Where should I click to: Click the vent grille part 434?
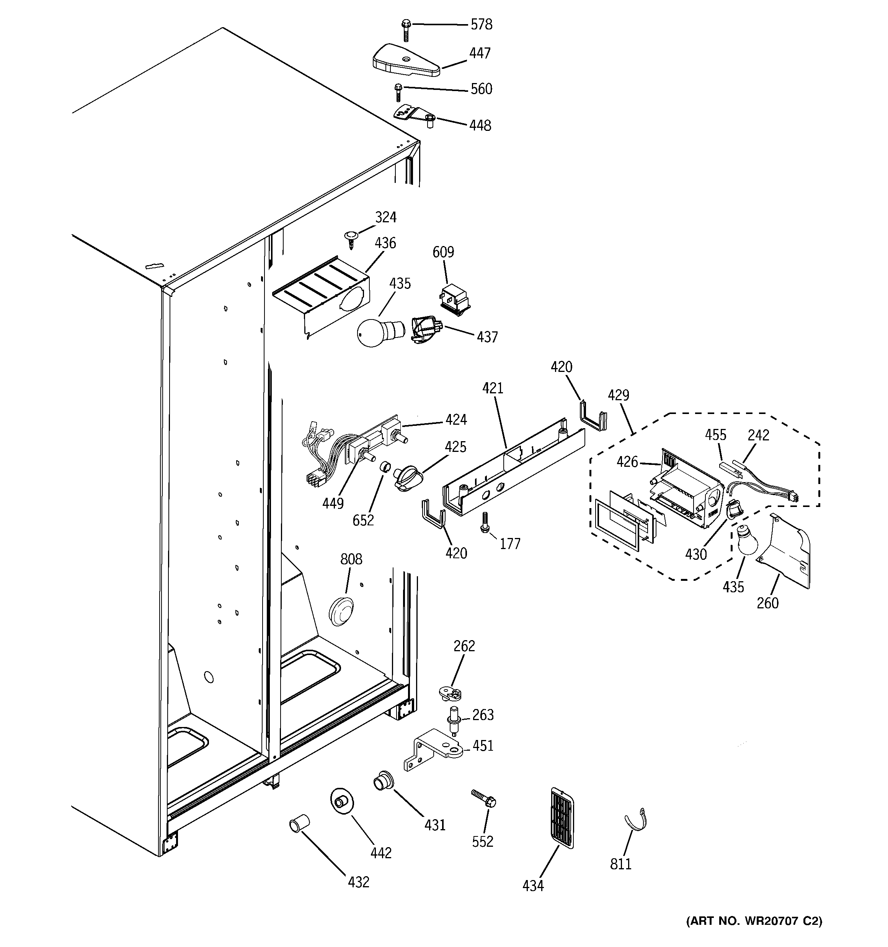coord(562,817)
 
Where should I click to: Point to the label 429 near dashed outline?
coord(618,395)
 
